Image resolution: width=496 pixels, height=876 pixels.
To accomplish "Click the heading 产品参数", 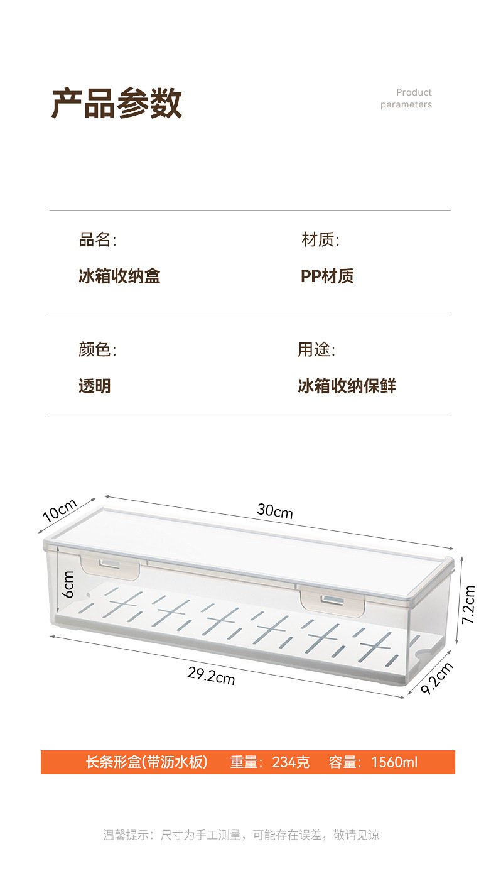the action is click(x=116, y=104).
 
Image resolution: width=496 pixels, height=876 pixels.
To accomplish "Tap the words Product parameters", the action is click(x=406, y=99).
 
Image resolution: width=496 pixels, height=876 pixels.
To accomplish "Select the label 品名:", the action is click(x=97, y=239).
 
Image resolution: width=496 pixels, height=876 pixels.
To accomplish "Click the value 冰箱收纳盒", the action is click(x=119, y=276).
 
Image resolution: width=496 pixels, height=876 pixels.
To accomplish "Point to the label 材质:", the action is click(x=320, y=239).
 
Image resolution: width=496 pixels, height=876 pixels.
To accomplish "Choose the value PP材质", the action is click(x=327, y=276).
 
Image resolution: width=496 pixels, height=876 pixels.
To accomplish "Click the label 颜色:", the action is click(x=97, y=349).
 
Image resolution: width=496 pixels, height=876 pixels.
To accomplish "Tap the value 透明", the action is click(x=95, y=386).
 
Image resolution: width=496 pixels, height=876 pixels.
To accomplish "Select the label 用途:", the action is click(x=316, y=349).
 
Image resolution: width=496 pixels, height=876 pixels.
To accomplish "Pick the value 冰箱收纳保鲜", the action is click(x=347, y=386).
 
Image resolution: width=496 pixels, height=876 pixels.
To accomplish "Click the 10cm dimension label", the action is click(x=60, y=510).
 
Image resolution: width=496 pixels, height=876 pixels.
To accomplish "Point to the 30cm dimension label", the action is click(x=275, y=511).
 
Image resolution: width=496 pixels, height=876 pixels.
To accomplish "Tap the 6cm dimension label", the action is click(x=68, y=584).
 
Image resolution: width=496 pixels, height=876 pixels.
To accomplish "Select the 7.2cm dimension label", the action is click(x=469, y=604).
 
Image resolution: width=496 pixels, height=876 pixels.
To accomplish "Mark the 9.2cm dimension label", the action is click(x=436, y=678).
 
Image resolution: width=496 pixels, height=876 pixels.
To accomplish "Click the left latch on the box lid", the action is click(x=110, y=566).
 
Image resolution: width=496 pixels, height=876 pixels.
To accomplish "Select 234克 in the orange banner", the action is click(x=291, y=762).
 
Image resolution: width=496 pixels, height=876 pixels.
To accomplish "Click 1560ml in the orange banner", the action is click(x=394, y=762).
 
